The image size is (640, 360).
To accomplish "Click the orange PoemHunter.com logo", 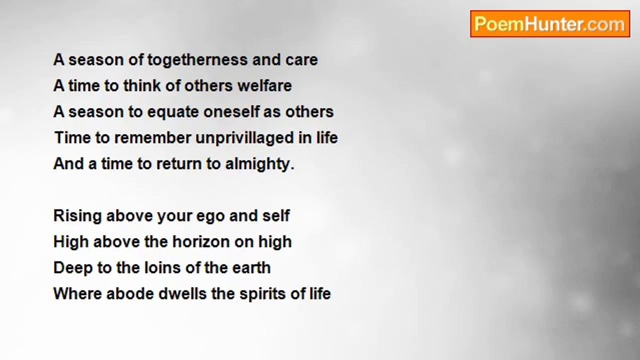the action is click(550, 24).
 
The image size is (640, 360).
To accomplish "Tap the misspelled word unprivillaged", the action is click(244, 138).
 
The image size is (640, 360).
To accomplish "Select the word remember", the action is click(152, 137).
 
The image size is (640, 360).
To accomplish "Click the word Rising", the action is click(77, 216).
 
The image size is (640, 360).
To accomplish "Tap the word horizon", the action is click(201, 242).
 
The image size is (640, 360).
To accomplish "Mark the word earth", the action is click(251, 268).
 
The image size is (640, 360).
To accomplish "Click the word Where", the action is click(77, 293).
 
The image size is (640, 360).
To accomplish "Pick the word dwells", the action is click(182, 293).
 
